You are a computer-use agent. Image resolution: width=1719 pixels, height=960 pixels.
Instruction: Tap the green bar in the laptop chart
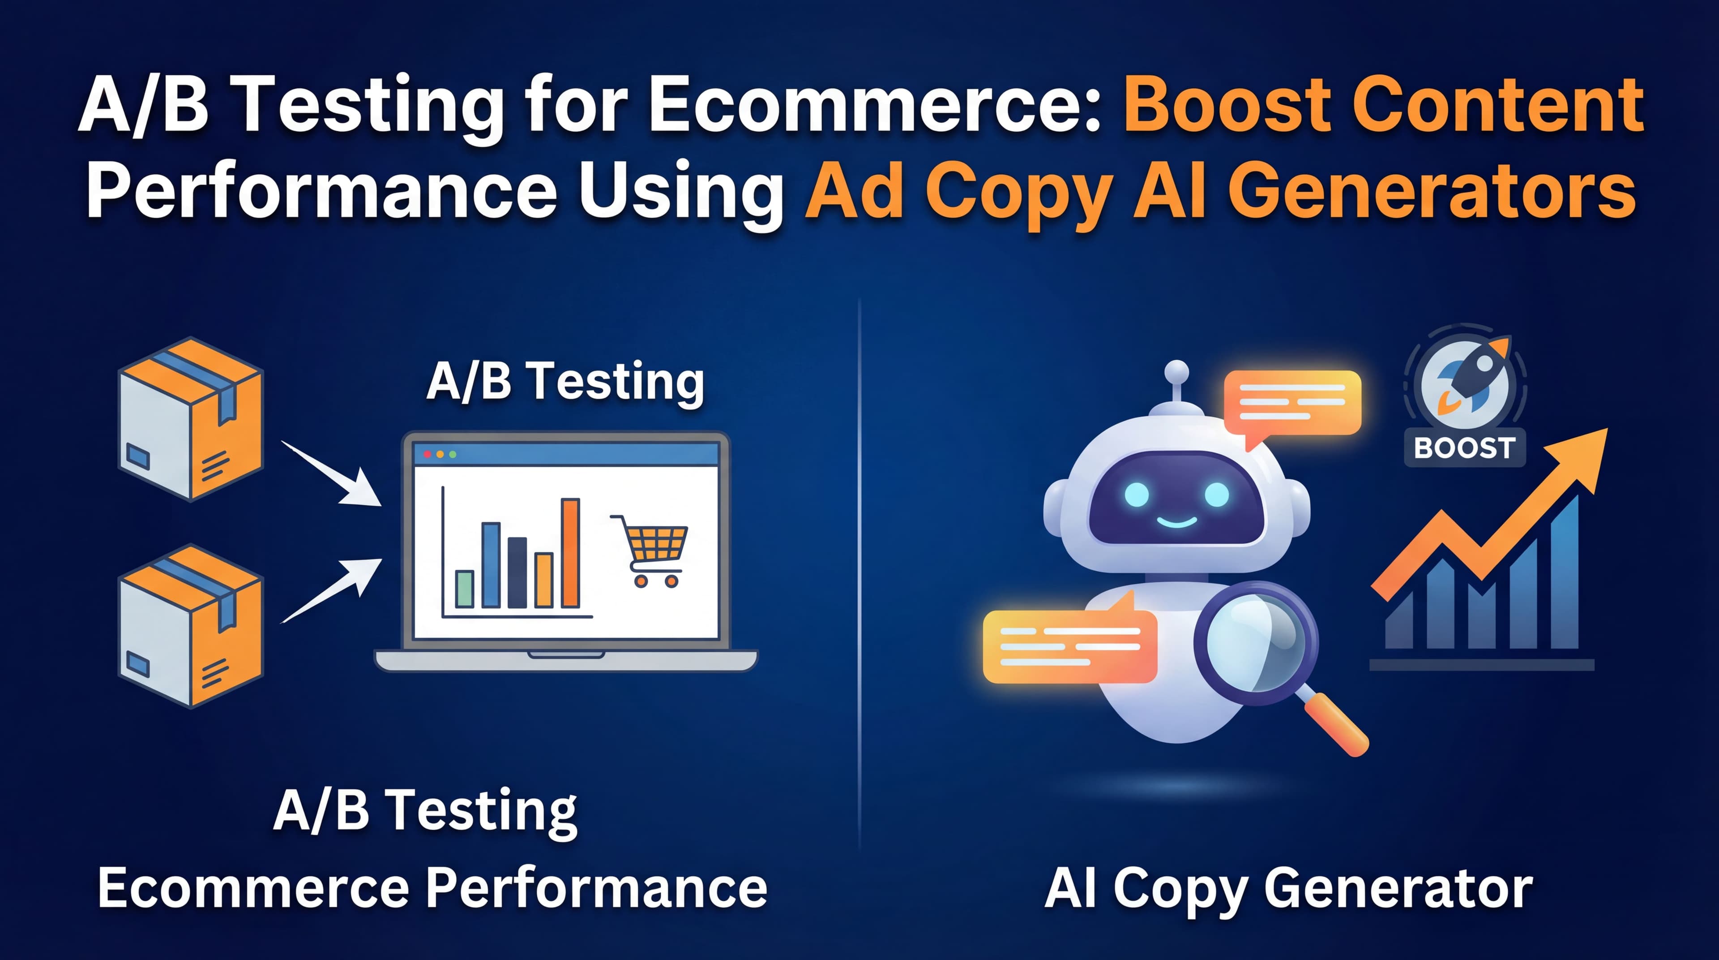(x=465, y=588)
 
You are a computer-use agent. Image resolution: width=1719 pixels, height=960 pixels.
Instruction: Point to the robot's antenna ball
(x=1176, y=372)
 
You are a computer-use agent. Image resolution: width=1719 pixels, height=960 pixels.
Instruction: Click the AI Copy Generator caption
(x=1288, y=889)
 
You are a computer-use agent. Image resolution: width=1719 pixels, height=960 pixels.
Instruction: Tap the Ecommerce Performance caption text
(x=432, y=889)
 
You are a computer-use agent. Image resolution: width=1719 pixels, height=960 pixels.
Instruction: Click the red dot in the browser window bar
(x=428, y=454)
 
